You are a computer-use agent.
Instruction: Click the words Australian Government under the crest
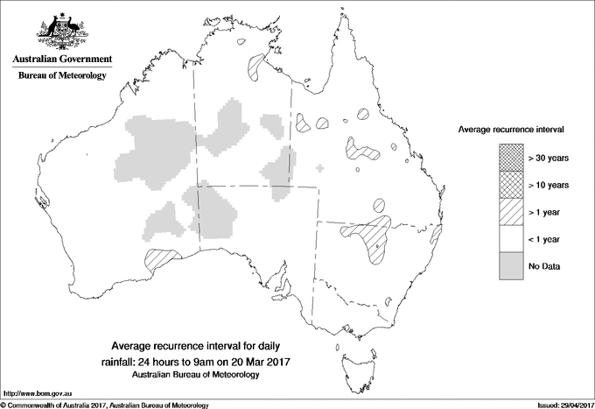pos(61,60)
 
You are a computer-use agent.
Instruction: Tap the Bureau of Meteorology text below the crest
pos(61,76)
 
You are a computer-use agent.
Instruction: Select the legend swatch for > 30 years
pos(508,158)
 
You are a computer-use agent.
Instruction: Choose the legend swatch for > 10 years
pos(508,185)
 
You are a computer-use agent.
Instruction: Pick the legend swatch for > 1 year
pos(508,212)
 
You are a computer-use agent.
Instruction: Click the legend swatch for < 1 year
pos(508,239)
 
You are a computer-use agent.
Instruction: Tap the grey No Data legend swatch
pos(508,266)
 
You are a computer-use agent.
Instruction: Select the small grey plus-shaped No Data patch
pos(319,167)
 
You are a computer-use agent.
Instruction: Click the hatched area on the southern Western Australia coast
pos(160,258)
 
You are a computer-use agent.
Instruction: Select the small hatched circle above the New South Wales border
pos(380,207)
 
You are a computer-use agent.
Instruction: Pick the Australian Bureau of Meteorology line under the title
pos(196,374)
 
